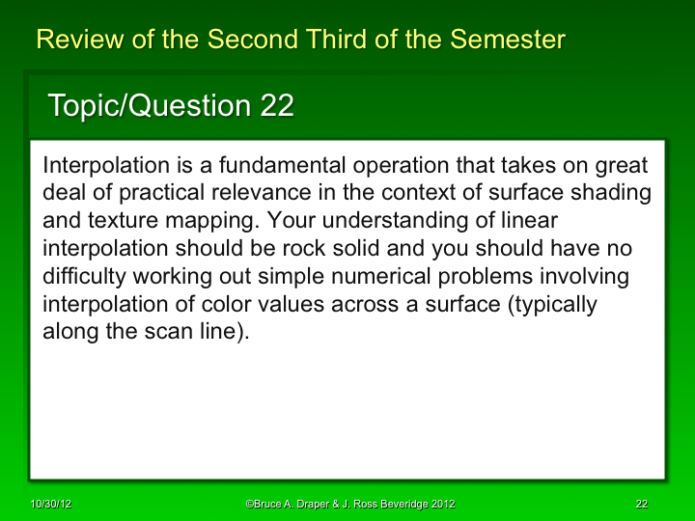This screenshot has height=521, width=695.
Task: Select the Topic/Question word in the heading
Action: (x=150, y=107)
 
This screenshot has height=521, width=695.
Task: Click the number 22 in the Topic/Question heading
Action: (x=277, y=107)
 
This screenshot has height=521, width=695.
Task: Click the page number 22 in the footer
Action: (x=641, y=504)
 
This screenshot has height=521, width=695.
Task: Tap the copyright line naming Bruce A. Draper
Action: (x=350, y=504)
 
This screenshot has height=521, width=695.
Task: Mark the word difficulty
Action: (x=84, y=277)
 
